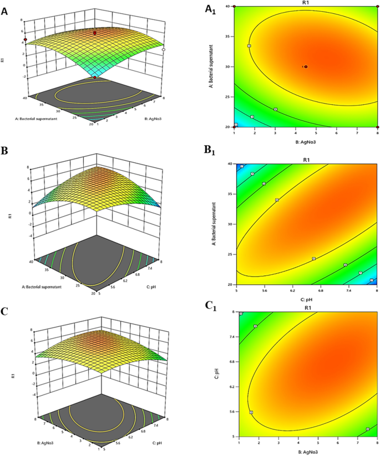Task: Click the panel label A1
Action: pyautogui.click(x=210, y=8)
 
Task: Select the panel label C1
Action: pyautogui.click(x=210, y=305)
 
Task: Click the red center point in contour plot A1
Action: pyautogui.click(x=306, y=66)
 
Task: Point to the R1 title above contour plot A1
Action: pyautogui.click(x=306, y=3)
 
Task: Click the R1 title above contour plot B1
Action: pyautogui.click(x=307, y=160)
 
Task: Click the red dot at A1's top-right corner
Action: pyautogui.click(x=377, y=6)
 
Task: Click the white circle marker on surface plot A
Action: pyautogui.click(x=164, y=50)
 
